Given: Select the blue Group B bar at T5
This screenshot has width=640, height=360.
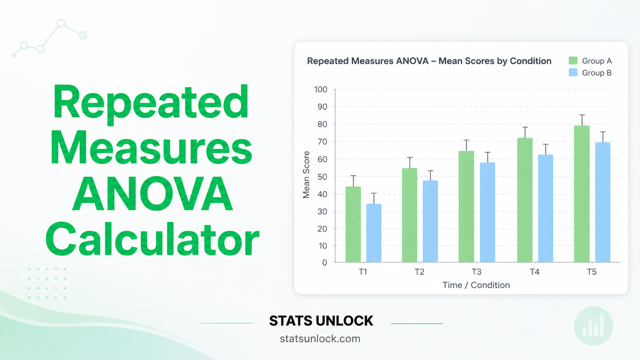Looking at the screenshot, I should [x=602, y=202].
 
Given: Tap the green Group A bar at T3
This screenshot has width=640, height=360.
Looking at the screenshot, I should [x=466, y=207].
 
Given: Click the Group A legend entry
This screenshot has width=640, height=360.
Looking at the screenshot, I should [x=590, y=61].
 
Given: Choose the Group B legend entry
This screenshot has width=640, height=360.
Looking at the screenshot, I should [x=590, y=73].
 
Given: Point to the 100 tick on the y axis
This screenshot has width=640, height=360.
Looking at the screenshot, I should [x=321, y=90].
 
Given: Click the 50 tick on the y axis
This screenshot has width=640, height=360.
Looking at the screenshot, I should [x=322, y=177].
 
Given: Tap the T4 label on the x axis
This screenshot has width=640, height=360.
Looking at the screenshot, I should [x=534, y=272].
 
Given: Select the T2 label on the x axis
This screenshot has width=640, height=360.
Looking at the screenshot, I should [x=420, y=272].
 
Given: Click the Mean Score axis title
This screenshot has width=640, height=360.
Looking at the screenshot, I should [x=306, y=174].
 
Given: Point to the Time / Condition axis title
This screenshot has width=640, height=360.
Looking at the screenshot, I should [x=476, y=285].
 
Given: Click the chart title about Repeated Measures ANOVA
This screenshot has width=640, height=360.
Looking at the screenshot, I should [x=429, y=61].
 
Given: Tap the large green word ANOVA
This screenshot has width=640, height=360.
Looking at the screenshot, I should [x=152, y=194].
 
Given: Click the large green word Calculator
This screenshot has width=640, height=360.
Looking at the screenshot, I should [x=152, y=240].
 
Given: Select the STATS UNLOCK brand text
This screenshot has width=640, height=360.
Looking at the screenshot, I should [x=321, y=321].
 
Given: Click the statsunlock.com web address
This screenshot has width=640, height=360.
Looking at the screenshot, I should [x=320, y=339].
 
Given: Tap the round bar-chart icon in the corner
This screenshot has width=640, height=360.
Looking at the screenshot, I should [x=593, y=326].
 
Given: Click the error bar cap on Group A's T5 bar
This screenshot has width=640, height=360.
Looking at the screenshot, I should [x=582, y=115].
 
